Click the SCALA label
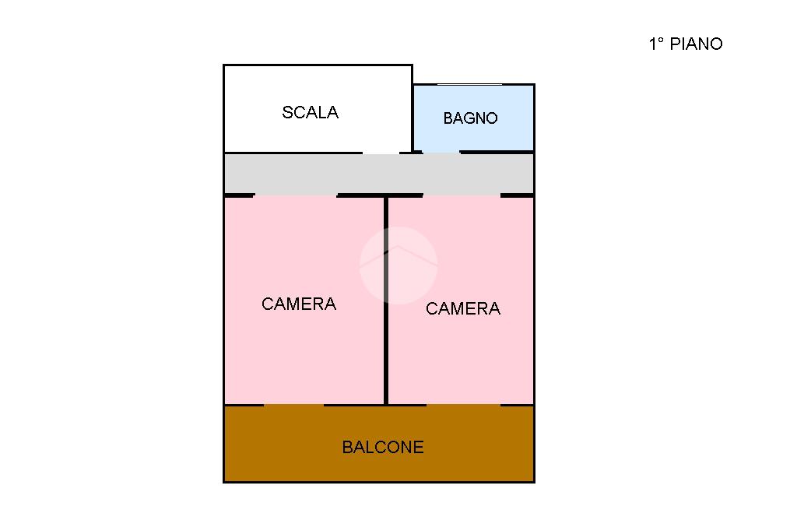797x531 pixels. pos(310,112)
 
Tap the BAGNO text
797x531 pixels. pos(470,118)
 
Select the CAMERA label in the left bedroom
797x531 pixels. pos(299,304)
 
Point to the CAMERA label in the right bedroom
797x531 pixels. pos(463,308)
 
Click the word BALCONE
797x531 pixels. pos(383,447)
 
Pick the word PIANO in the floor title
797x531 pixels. pos(696,44)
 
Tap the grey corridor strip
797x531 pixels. pos(311,173)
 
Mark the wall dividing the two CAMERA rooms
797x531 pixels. pos(385,350)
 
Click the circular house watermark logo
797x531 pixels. pos(398,265)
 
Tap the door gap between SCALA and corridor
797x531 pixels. pos(381,153)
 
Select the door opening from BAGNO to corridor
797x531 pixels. pos(441,153)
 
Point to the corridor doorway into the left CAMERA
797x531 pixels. pos(295,195)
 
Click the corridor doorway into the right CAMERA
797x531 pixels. pos(461,195)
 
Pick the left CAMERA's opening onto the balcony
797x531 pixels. pos(293,405)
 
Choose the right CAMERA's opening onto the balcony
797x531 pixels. pos(463,405)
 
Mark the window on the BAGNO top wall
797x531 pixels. pos(469,84)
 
